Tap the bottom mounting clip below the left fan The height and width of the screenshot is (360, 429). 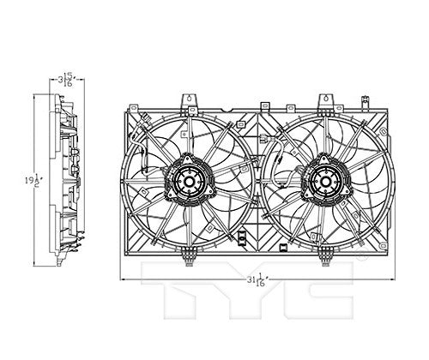click(x=188, y=255)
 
